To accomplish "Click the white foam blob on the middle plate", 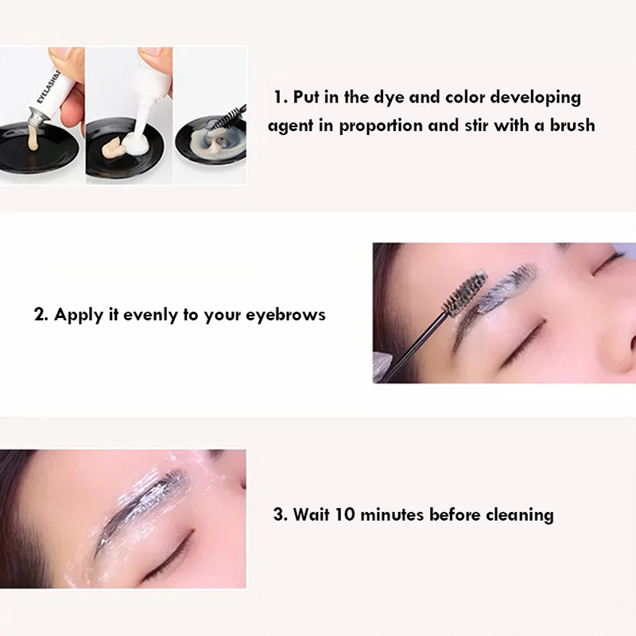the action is [136, 143].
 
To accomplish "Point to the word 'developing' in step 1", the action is [535, 98].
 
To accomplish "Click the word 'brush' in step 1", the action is [572, 125].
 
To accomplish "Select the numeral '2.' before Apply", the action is [41, 314].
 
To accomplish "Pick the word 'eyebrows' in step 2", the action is [285, 316].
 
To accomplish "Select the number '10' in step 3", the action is [345, 514].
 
